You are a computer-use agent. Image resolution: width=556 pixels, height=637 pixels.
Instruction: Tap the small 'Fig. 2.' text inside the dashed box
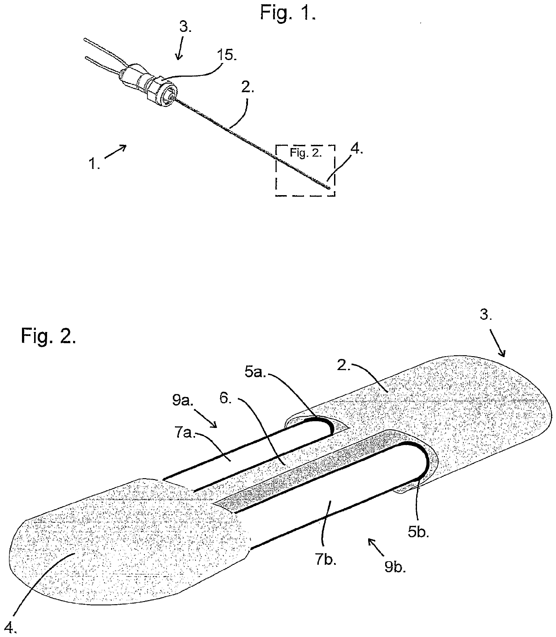(x=305, y=153)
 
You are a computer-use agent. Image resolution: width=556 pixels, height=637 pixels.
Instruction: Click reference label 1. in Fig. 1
(x=95, y=164)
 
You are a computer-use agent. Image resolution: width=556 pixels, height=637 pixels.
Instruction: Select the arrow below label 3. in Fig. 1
(x=179, y=52)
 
